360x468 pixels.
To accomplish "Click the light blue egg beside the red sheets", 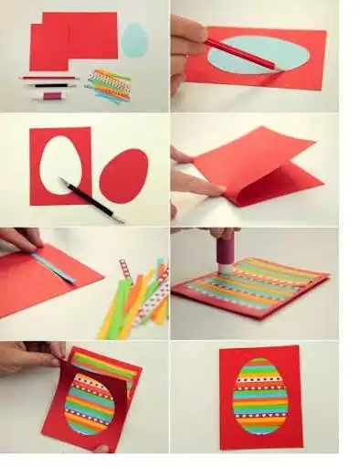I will point(134,40).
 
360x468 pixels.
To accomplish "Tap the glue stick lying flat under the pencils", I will point(50,95).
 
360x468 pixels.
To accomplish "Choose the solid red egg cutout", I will point(123,175).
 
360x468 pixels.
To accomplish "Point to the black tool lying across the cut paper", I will point(91,200).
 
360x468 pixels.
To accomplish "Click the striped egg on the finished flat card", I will point(259,396).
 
